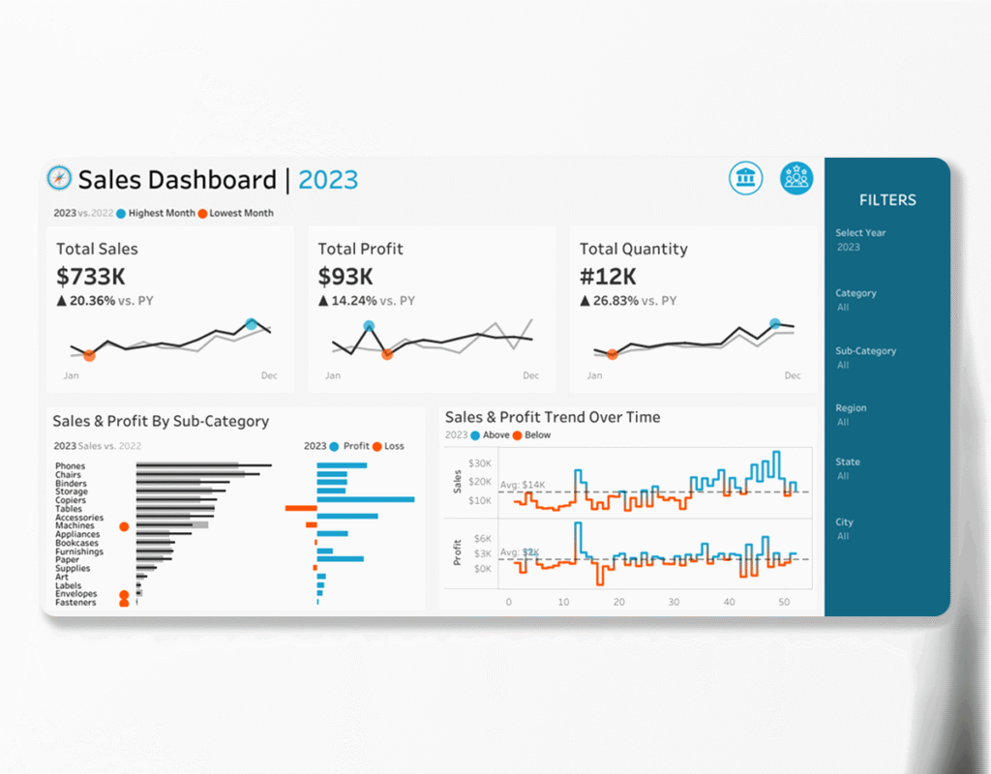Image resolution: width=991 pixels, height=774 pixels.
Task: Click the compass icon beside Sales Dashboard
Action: click(x=59, y=178)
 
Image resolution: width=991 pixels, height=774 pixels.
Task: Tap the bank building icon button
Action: click(x=746, y=178)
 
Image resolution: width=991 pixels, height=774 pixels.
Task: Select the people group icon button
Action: click(x=796, y=178)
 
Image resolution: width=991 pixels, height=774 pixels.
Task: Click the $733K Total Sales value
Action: click(x=91, y=277)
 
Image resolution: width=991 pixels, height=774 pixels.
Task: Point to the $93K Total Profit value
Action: click(x=345, y=277)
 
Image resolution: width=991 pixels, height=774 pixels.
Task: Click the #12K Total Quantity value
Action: click(x=608, y=277)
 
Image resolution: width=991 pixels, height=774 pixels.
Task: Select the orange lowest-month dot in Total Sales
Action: click(x=89, y=356)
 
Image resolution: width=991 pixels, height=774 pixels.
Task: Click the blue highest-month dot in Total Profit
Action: click(x=369, y=326)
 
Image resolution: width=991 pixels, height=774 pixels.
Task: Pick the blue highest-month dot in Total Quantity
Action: click(x=774, y=323)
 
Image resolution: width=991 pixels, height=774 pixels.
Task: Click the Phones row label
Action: click(x=70, y=466)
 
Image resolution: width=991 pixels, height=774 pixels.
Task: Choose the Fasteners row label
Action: click(x=75, y=603)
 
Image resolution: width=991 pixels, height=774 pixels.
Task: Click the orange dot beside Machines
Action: click(x=123, y=526)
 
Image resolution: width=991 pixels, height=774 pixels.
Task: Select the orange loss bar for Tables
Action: click(x=301, y=508)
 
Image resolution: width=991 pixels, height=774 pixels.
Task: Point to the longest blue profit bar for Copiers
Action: click(x=365, y=499)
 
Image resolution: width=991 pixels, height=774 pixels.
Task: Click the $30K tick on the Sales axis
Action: click(x=480, y=463)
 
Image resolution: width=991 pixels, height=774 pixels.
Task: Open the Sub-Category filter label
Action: click(x=865, y=351)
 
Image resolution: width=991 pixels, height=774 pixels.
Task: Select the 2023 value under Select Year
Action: click(x=848, y=248)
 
